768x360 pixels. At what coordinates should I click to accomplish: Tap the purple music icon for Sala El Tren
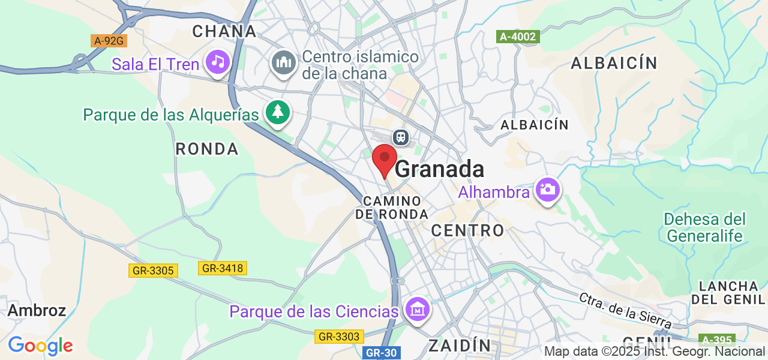(x=217, y=62)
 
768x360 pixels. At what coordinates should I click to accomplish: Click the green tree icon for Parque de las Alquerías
(x=277, y=112)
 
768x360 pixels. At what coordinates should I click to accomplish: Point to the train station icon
(x=401, y=137)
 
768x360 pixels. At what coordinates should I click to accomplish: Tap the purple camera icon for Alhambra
(x=547, y=190)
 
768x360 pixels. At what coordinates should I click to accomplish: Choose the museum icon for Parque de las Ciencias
(x=416, y=310)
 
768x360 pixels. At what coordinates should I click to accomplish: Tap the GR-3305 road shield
(x=153, y=271)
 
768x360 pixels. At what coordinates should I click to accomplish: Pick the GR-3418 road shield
(x=223, y=268)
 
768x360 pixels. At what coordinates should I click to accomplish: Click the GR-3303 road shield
(x=339, y=337)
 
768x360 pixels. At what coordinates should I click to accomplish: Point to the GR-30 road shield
(x=382, y=353)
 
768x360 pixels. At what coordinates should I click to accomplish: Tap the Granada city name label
(x=439, y=169)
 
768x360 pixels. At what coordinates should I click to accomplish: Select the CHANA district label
(x=224, y=31)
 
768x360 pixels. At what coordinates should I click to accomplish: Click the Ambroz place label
(x=37, y=310)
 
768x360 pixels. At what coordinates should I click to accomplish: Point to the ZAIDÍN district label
(x=460, y=345)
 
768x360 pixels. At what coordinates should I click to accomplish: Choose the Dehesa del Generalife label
(x=705, y=227)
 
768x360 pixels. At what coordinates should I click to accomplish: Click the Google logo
(x=40, y=346)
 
